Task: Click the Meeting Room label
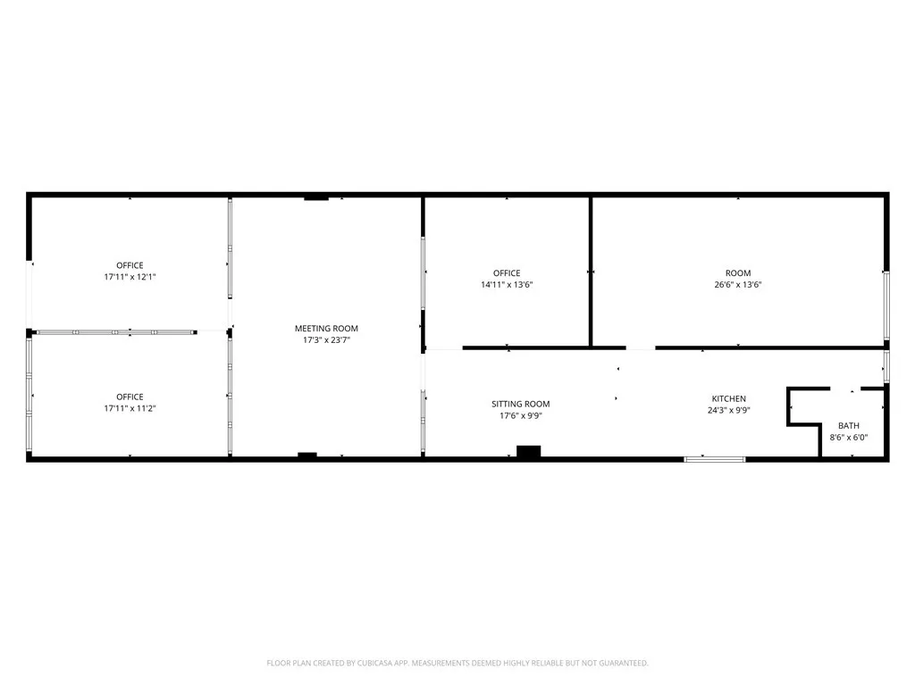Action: tap(326, 329)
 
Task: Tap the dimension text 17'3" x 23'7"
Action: tap(326, 340)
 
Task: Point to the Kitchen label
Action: tap(728, 398)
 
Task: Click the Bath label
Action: tap(848, 425)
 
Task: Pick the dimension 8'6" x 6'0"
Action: tap(848, 437)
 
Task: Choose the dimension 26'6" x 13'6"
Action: tap(738, 285)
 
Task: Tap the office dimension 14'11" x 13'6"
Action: tap(507, 285)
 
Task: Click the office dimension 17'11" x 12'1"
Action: tap(130, 277)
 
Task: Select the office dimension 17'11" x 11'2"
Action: tap(130, 408)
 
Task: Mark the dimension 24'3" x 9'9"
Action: tap(728, 411)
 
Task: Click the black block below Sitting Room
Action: tap(529, 452)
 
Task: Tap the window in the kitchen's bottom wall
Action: tap(714, 459)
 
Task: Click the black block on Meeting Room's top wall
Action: tap(316, 197)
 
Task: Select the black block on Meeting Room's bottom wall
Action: tap(307, 456)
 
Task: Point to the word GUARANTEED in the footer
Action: tap(622, 663)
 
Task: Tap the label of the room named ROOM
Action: tap(738, 273)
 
